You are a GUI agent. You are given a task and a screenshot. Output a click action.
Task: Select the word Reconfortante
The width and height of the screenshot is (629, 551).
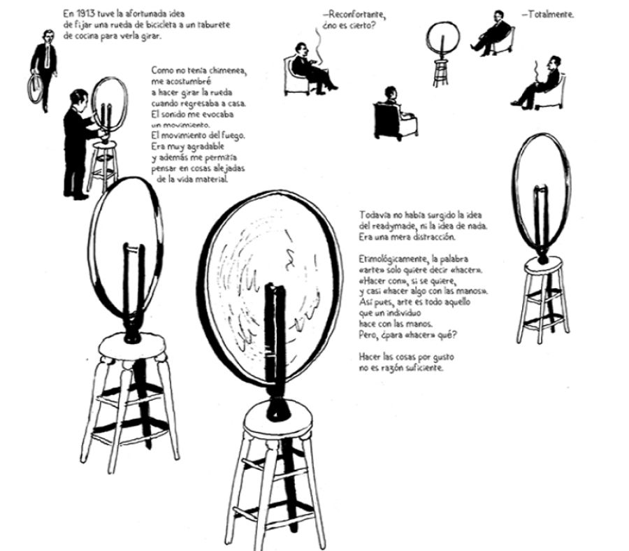coord(356,13)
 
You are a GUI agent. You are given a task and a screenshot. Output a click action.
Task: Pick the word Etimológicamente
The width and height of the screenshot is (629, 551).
coord(391,260)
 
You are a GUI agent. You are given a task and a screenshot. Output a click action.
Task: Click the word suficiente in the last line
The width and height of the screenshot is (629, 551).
coord(421,368)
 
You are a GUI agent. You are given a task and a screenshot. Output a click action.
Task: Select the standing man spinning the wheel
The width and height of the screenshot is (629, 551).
coord(75,143)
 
